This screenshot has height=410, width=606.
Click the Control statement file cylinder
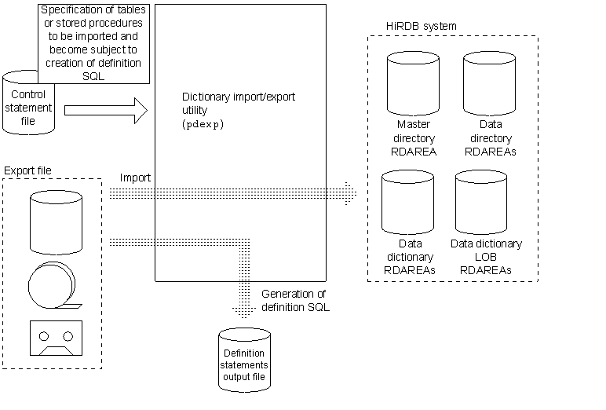pyautogui.click(x=29, y=102)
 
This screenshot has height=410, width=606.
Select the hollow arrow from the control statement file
pyautogui.click(x=105, y=110)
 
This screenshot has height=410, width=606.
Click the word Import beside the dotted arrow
pyautogui.click(x=135, y=178)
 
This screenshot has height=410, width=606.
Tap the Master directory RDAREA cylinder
pyautogui.click(x=415, y=83)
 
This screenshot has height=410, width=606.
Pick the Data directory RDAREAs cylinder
pyautogui.click(x=489, y=83)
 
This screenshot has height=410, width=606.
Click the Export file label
pyautogui.click(x=29, y=170)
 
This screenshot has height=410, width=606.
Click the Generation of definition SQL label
pyautogui.click(x=294, y=300)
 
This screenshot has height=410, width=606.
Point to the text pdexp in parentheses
pyautogui.click(x=197, y=124)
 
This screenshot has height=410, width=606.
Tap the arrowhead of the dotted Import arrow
pyautogui.click(x=350, y=191)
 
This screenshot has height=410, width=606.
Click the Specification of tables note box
pyautogui.click(x=93, y=43)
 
